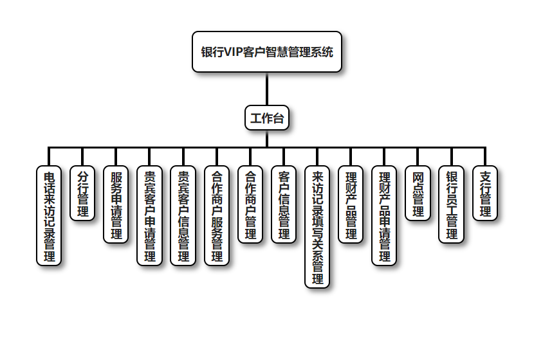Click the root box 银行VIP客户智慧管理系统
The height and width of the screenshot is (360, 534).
pyautogui.click(x=267, y=52)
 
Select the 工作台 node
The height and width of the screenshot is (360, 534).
pyautogui.click(x=266, y=118)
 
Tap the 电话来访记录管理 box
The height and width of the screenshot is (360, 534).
pyautogui.click(x=48, y=215)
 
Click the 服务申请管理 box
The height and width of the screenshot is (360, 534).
pyautogui.click(x=116, y=204)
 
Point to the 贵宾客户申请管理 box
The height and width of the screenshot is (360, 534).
pyautogui.click(x=149, y=215)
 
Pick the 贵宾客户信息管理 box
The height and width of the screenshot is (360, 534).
pyautogui.click(x=183, y=215)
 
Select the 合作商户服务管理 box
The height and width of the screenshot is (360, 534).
pyautogui.click(x=217, y=215)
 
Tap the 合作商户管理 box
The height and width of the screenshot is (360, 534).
pyautogui.click(x=250, y=204)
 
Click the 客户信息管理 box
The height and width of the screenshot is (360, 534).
pyautogui.click(x=284, y=204)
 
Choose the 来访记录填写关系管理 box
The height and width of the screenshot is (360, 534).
pyautogui.click(x=317, y=227)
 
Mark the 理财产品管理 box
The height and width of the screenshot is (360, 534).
pyautogui.click(x=351, y=204)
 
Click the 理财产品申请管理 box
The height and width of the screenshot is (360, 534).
pyautogui.click(x=384, y=215)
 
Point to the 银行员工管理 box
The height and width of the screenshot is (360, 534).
pyautogui.click(x=452, y=204)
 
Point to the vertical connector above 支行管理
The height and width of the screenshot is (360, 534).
pyautogui.click(x=485, y=156)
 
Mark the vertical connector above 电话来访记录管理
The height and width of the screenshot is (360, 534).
pyautogui.click(x=48, y=156)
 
